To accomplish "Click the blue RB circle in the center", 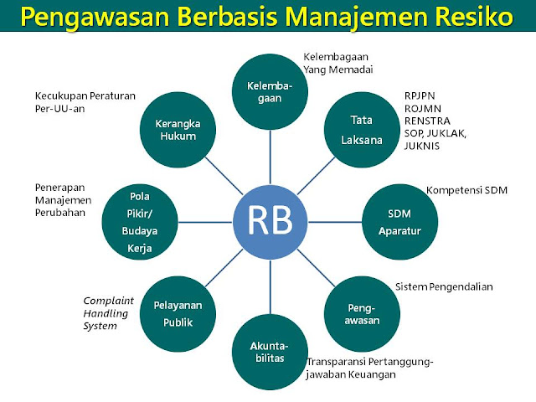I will click(270, 221).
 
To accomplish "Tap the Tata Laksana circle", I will click(361, 129).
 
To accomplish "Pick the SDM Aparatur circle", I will click(393, 221).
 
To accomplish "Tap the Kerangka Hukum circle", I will click(178, 129).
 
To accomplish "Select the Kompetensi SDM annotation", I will click(466, 190).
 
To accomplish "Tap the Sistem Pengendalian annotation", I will click(444, 286).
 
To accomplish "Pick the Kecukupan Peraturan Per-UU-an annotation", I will click(85, 101).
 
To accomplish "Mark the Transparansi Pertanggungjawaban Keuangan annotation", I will click(368, 368).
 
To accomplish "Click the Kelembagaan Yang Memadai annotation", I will click(338, 64).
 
